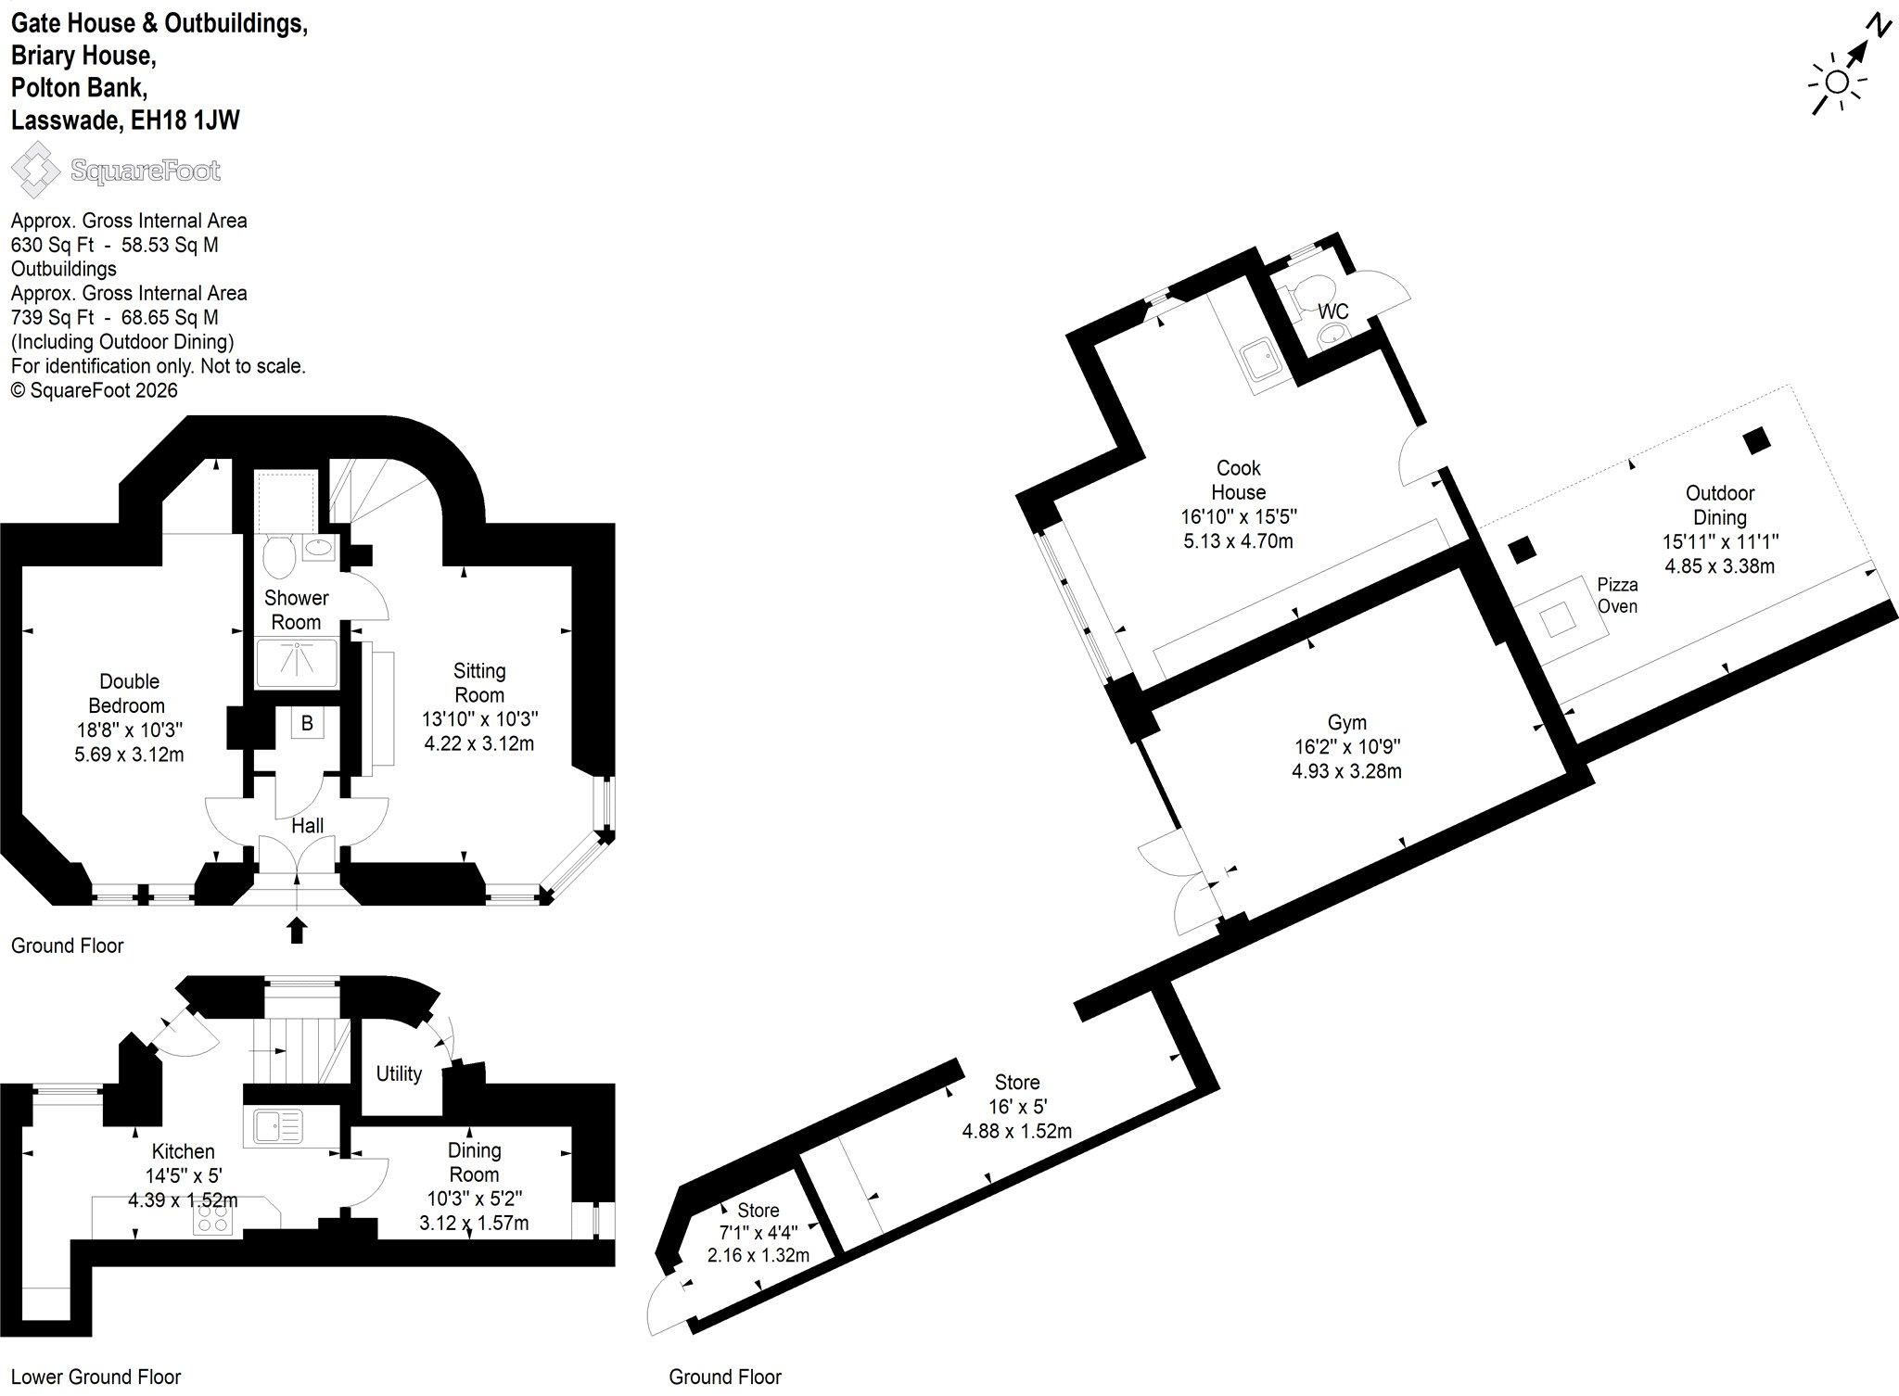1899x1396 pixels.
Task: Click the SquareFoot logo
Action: [x=116, y=171]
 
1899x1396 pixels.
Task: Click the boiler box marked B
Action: [x=307, y=723]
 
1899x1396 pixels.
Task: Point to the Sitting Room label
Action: [x=479, y=682]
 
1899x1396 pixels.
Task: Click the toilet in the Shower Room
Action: [x=279, y=556]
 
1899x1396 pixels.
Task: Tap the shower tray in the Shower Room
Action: [x=297, y=662]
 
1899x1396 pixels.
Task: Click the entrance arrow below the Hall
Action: [x=297, y=930]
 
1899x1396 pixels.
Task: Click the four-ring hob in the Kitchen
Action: [x=213, y=1219]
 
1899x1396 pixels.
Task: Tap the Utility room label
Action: [x=399, y=1073]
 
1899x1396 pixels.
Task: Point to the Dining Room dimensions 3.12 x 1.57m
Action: [x=474, y=1223]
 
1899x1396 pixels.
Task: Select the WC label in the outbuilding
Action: [x=1333, y=311]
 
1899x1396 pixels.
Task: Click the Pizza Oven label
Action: [x=1617, y=595]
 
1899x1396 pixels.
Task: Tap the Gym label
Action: [x=1346, y=722]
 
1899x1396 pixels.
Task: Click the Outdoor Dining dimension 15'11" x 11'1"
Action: [x=1720, y=541]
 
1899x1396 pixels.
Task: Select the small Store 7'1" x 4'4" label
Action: [x=758, y=1222]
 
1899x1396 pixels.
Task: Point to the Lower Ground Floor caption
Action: [x=96, y=1377]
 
